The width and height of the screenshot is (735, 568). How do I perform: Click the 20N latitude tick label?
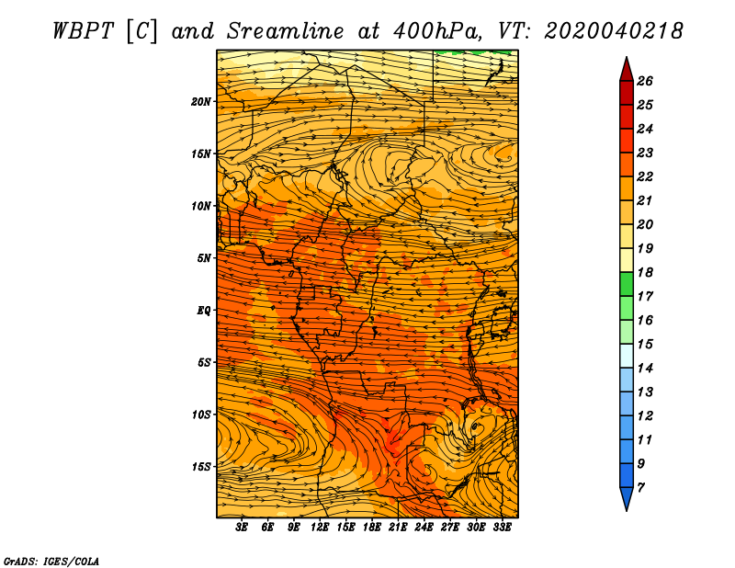coord(201,102)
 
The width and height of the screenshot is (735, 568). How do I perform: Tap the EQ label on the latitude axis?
coord(203,311)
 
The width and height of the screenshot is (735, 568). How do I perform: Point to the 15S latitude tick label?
coord(201,467)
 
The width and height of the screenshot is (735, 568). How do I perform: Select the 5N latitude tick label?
coord(204,258)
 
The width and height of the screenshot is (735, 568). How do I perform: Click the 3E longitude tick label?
coord(242,528)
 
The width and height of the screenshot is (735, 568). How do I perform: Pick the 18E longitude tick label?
coord(372,528)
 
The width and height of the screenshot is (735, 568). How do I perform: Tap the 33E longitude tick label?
coord(502,528)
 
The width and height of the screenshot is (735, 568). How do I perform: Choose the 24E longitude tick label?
coord(424,528)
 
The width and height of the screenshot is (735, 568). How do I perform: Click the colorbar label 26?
coord(645,81)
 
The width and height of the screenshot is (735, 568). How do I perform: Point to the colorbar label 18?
coord(645,272)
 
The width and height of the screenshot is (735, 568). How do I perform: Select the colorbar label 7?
coord(640,488)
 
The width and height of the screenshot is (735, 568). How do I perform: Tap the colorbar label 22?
coord(645,176)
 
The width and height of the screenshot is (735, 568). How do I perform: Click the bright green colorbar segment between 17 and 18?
coord(627,284)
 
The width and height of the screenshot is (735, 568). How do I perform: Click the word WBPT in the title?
coord(84,31)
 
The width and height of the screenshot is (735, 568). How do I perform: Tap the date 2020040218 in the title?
coord(614,31)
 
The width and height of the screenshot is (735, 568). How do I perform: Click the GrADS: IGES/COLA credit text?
coord(51,562)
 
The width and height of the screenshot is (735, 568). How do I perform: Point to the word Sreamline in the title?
coord(286,31)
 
